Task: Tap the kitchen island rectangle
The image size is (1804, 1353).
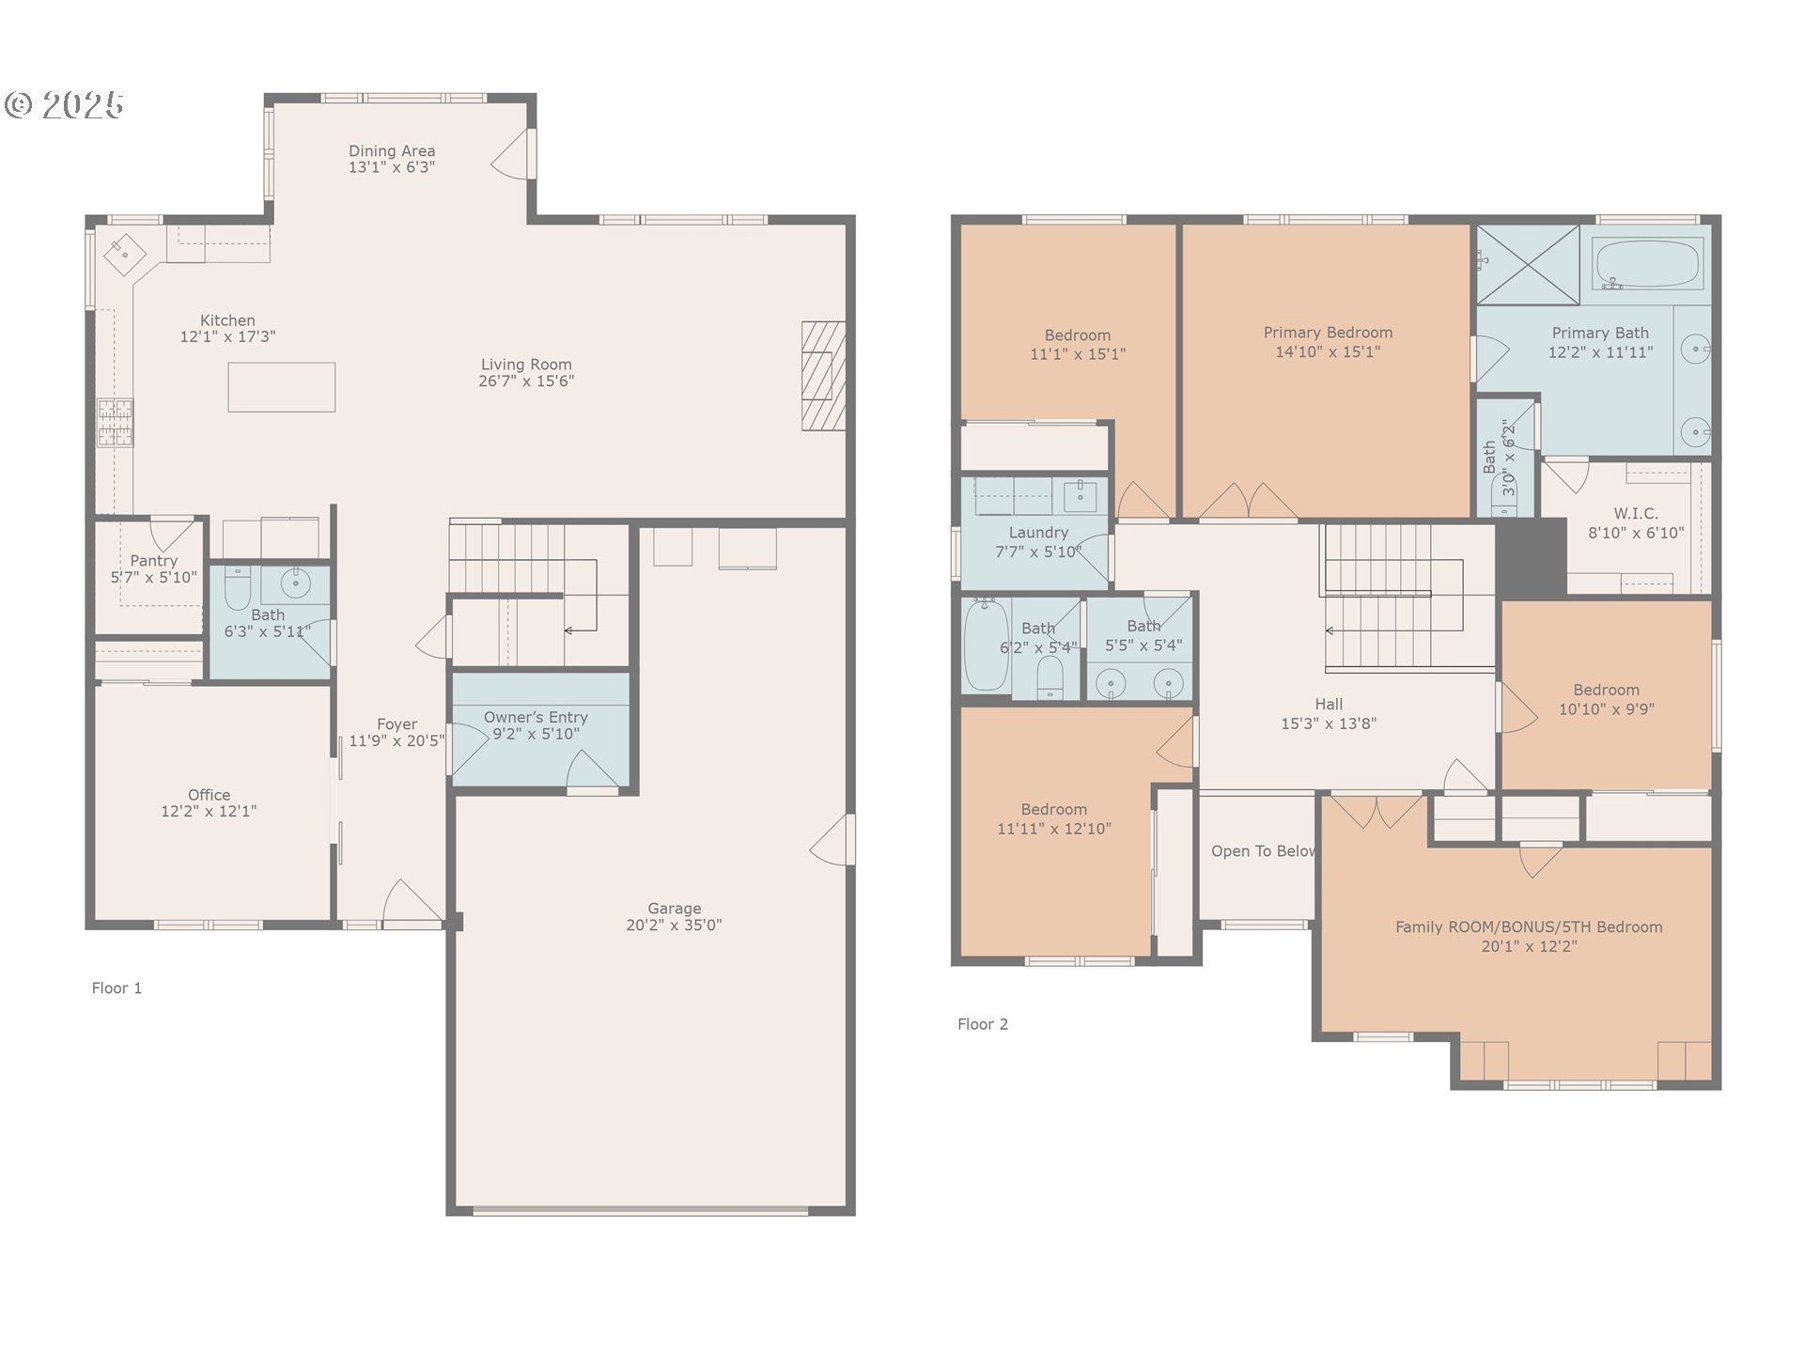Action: coord(282,387)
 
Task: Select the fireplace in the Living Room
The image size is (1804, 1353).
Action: coord(823,376)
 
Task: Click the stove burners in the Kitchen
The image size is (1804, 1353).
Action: coord(116,422)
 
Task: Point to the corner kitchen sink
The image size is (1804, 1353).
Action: coord(124,254)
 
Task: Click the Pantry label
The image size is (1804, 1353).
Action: coord(154,561)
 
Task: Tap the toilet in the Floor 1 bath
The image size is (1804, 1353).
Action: coord(238,587)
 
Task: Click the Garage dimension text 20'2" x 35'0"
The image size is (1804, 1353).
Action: coord(674,925)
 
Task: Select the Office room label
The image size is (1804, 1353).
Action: coord(209,795)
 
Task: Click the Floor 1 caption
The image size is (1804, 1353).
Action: coord(117,988)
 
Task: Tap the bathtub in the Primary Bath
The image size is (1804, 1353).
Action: coord(1647,265)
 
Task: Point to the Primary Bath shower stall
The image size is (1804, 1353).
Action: coord(1528,264)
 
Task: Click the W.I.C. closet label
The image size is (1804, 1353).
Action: coord(1636,513)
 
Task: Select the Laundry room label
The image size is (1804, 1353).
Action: coord(1038,533)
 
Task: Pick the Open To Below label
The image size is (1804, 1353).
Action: coord(1263,851)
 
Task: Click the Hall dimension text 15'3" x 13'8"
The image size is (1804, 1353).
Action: coord(1329,723)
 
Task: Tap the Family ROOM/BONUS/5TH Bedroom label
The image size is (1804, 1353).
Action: coord(1529,927)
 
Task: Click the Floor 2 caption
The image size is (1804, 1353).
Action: coord(983,1024)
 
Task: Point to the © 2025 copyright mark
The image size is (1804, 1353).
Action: coord(64,104)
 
